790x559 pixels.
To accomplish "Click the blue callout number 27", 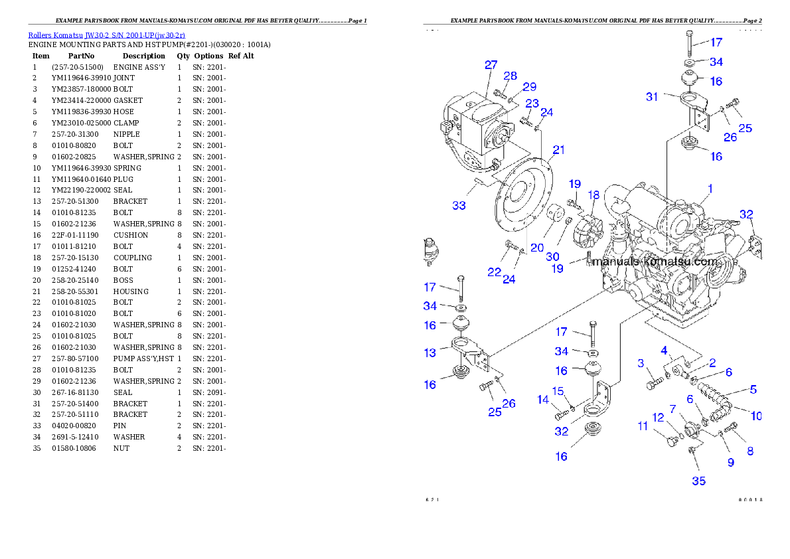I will (x=491, y=65).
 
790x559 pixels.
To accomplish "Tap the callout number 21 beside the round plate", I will (x=558, y=150).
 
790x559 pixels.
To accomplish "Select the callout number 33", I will (x=459, y=206).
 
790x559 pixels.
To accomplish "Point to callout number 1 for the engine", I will (x=710, y=189).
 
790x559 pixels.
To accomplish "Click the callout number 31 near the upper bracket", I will (x=652, y=97).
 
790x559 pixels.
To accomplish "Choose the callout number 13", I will (x=430, y=353).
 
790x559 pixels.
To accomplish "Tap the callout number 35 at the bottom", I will (x=699, y=481).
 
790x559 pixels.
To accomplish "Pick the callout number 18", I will (x=593, y=195).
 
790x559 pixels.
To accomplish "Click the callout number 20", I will (x=537, y=248).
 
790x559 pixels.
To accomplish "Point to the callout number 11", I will (x=643, y=426).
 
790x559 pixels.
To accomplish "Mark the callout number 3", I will (x=641, y=363).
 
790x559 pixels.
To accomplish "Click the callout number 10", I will (x=756, y=416).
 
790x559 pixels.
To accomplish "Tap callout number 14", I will (x=544, y=400).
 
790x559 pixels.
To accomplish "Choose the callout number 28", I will (x=510, y=76).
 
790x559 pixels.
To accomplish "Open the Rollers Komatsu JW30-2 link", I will (x=106, y=35).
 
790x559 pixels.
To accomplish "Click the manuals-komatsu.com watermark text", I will (x=655, y=262).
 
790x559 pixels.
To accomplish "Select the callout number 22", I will (x=494, y=272).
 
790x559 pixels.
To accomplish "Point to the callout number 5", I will (x=753, y=390).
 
